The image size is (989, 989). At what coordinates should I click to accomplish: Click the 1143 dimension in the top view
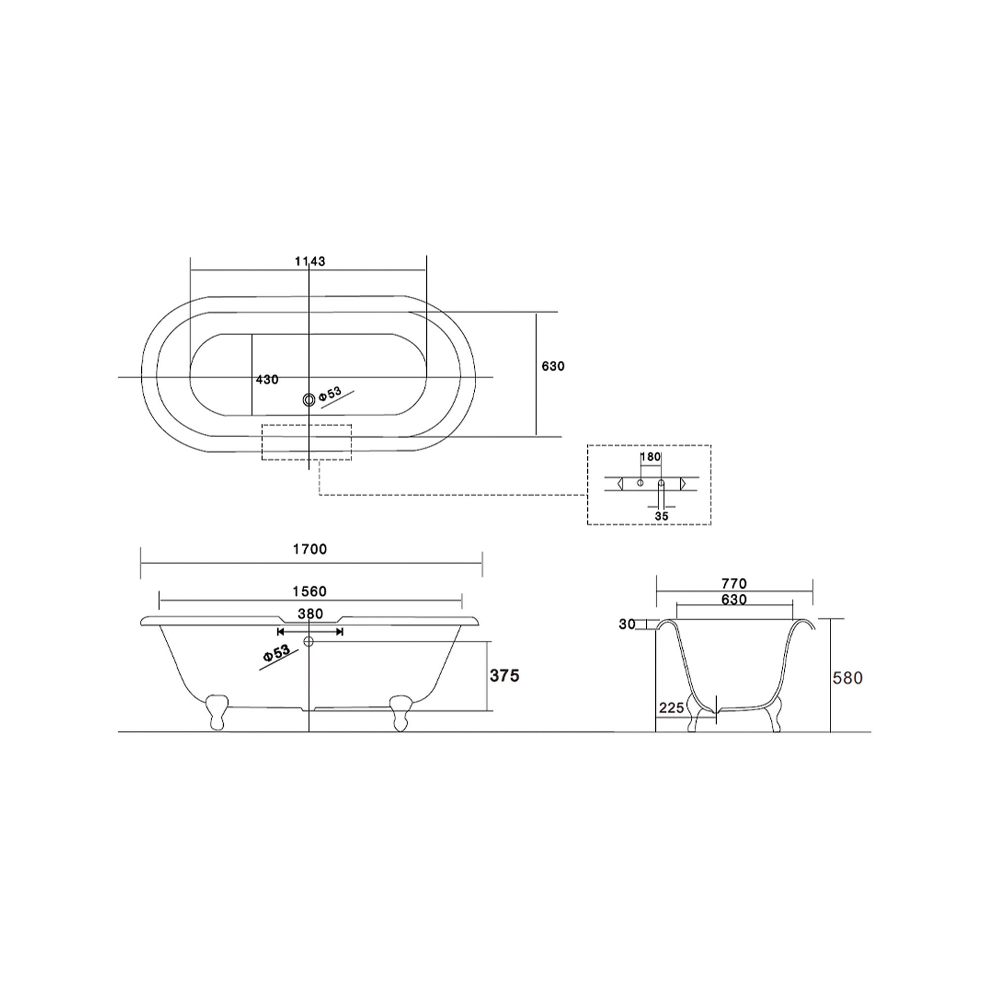pyautogui.click(x=310, y=261)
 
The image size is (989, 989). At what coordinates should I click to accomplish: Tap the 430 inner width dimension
pyautogui.click(x=267, y=379)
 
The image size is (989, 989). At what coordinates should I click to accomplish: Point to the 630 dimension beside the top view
pyautogui.click(x=553, y=366)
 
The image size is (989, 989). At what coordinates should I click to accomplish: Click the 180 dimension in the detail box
pyautogui.click(x=651, y=456)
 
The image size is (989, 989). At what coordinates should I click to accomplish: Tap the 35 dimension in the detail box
pyautogui.click(x=661, y=516)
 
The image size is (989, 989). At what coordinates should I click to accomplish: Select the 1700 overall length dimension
pyautogui.click(x=310, y=549)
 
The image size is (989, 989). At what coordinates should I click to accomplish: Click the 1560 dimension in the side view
pyautogui.click(x=309, y=591)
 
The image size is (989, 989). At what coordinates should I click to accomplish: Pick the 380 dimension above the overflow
pyautogui.click(x=310, y=613)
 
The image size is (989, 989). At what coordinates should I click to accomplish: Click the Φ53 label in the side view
pyautogui.click(x=277, y=654)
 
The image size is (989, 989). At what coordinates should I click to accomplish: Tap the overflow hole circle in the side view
pyautogui.click(x=308, y=641)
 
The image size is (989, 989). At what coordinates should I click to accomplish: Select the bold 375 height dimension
pyautogui.click(x=504, y=675)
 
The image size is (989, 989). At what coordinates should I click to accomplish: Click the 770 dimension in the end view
pyautogui.click(x=734, y=583)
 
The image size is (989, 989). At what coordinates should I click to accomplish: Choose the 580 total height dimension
pyautogui.click(x=848, y=678)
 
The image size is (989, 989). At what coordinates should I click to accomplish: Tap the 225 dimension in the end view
pyautogui.click(x=671, y=708)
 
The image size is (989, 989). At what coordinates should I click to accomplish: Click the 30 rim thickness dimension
pyautogui.click(x=627, y=624)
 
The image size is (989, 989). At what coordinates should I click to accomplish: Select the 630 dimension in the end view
pyautogui.click(x=734, y=599)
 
